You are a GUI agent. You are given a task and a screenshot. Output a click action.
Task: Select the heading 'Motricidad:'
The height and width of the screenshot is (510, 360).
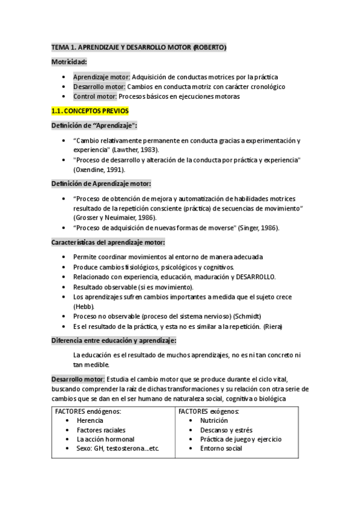70,61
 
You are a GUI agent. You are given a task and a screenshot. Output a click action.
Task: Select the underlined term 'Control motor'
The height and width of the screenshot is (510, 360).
94,96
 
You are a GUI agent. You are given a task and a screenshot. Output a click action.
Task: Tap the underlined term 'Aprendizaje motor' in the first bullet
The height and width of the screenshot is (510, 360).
100,77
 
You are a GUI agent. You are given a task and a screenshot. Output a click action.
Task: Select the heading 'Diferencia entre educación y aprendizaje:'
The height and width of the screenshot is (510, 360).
114,340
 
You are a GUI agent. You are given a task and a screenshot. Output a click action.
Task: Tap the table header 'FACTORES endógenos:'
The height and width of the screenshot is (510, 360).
88,411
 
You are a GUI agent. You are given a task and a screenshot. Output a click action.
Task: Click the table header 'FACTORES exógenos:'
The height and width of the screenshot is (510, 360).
209,411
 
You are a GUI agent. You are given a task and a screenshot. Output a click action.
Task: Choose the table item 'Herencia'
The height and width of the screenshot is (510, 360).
90,420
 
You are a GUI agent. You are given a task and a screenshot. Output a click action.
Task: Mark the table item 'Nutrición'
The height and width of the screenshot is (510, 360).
215,420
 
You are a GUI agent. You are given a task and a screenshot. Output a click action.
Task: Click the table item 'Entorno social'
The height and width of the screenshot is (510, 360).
221,448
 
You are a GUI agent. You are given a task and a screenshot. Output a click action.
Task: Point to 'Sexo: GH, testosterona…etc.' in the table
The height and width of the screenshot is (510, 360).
117,448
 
